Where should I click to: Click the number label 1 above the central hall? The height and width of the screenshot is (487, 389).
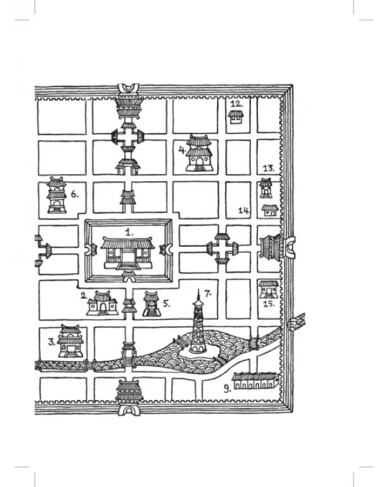click(129, 232)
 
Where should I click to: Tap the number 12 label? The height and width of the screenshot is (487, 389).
click(237, 103)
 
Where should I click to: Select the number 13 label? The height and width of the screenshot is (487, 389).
click(268, 169)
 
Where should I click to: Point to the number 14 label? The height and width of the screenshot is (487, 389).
click(244, 210)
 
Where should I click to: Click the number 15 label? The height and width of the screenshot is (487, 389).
click(268, 303)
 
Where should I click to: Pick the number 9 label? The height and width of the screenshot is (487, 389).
click(228, 388)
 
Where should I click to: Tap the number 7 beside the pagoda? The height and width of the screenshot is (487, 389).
click(207, 293)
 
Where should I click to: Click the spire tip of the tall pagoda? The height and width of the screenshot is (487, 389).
click(198, 289)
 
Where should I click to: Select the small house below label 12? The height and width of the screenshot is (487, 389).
click(236, 118)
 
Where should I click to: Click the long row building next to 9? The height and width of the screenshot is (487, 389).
click(254, 381)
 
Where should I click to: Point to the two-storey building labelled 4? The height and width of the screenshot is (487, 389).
click(198, 153)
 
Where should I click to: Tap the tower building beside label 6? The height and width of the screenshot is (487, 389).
click(57, 195)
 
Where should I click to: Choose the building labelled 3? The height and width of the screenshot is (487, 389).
click(71, 341)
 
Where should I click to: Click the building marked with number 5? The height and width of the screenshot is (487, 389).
click(152, 304)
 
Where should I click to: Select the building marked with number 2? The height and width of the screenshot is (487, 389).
click(102, 303)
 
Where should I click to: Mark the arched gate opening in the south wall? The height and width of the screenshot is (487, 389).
click(129, 411)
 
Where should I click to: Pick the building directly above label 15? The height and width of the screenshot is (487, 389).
click(268, 289)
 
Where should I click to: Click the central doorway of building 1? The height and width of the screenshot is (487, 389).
click(128, 257)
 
